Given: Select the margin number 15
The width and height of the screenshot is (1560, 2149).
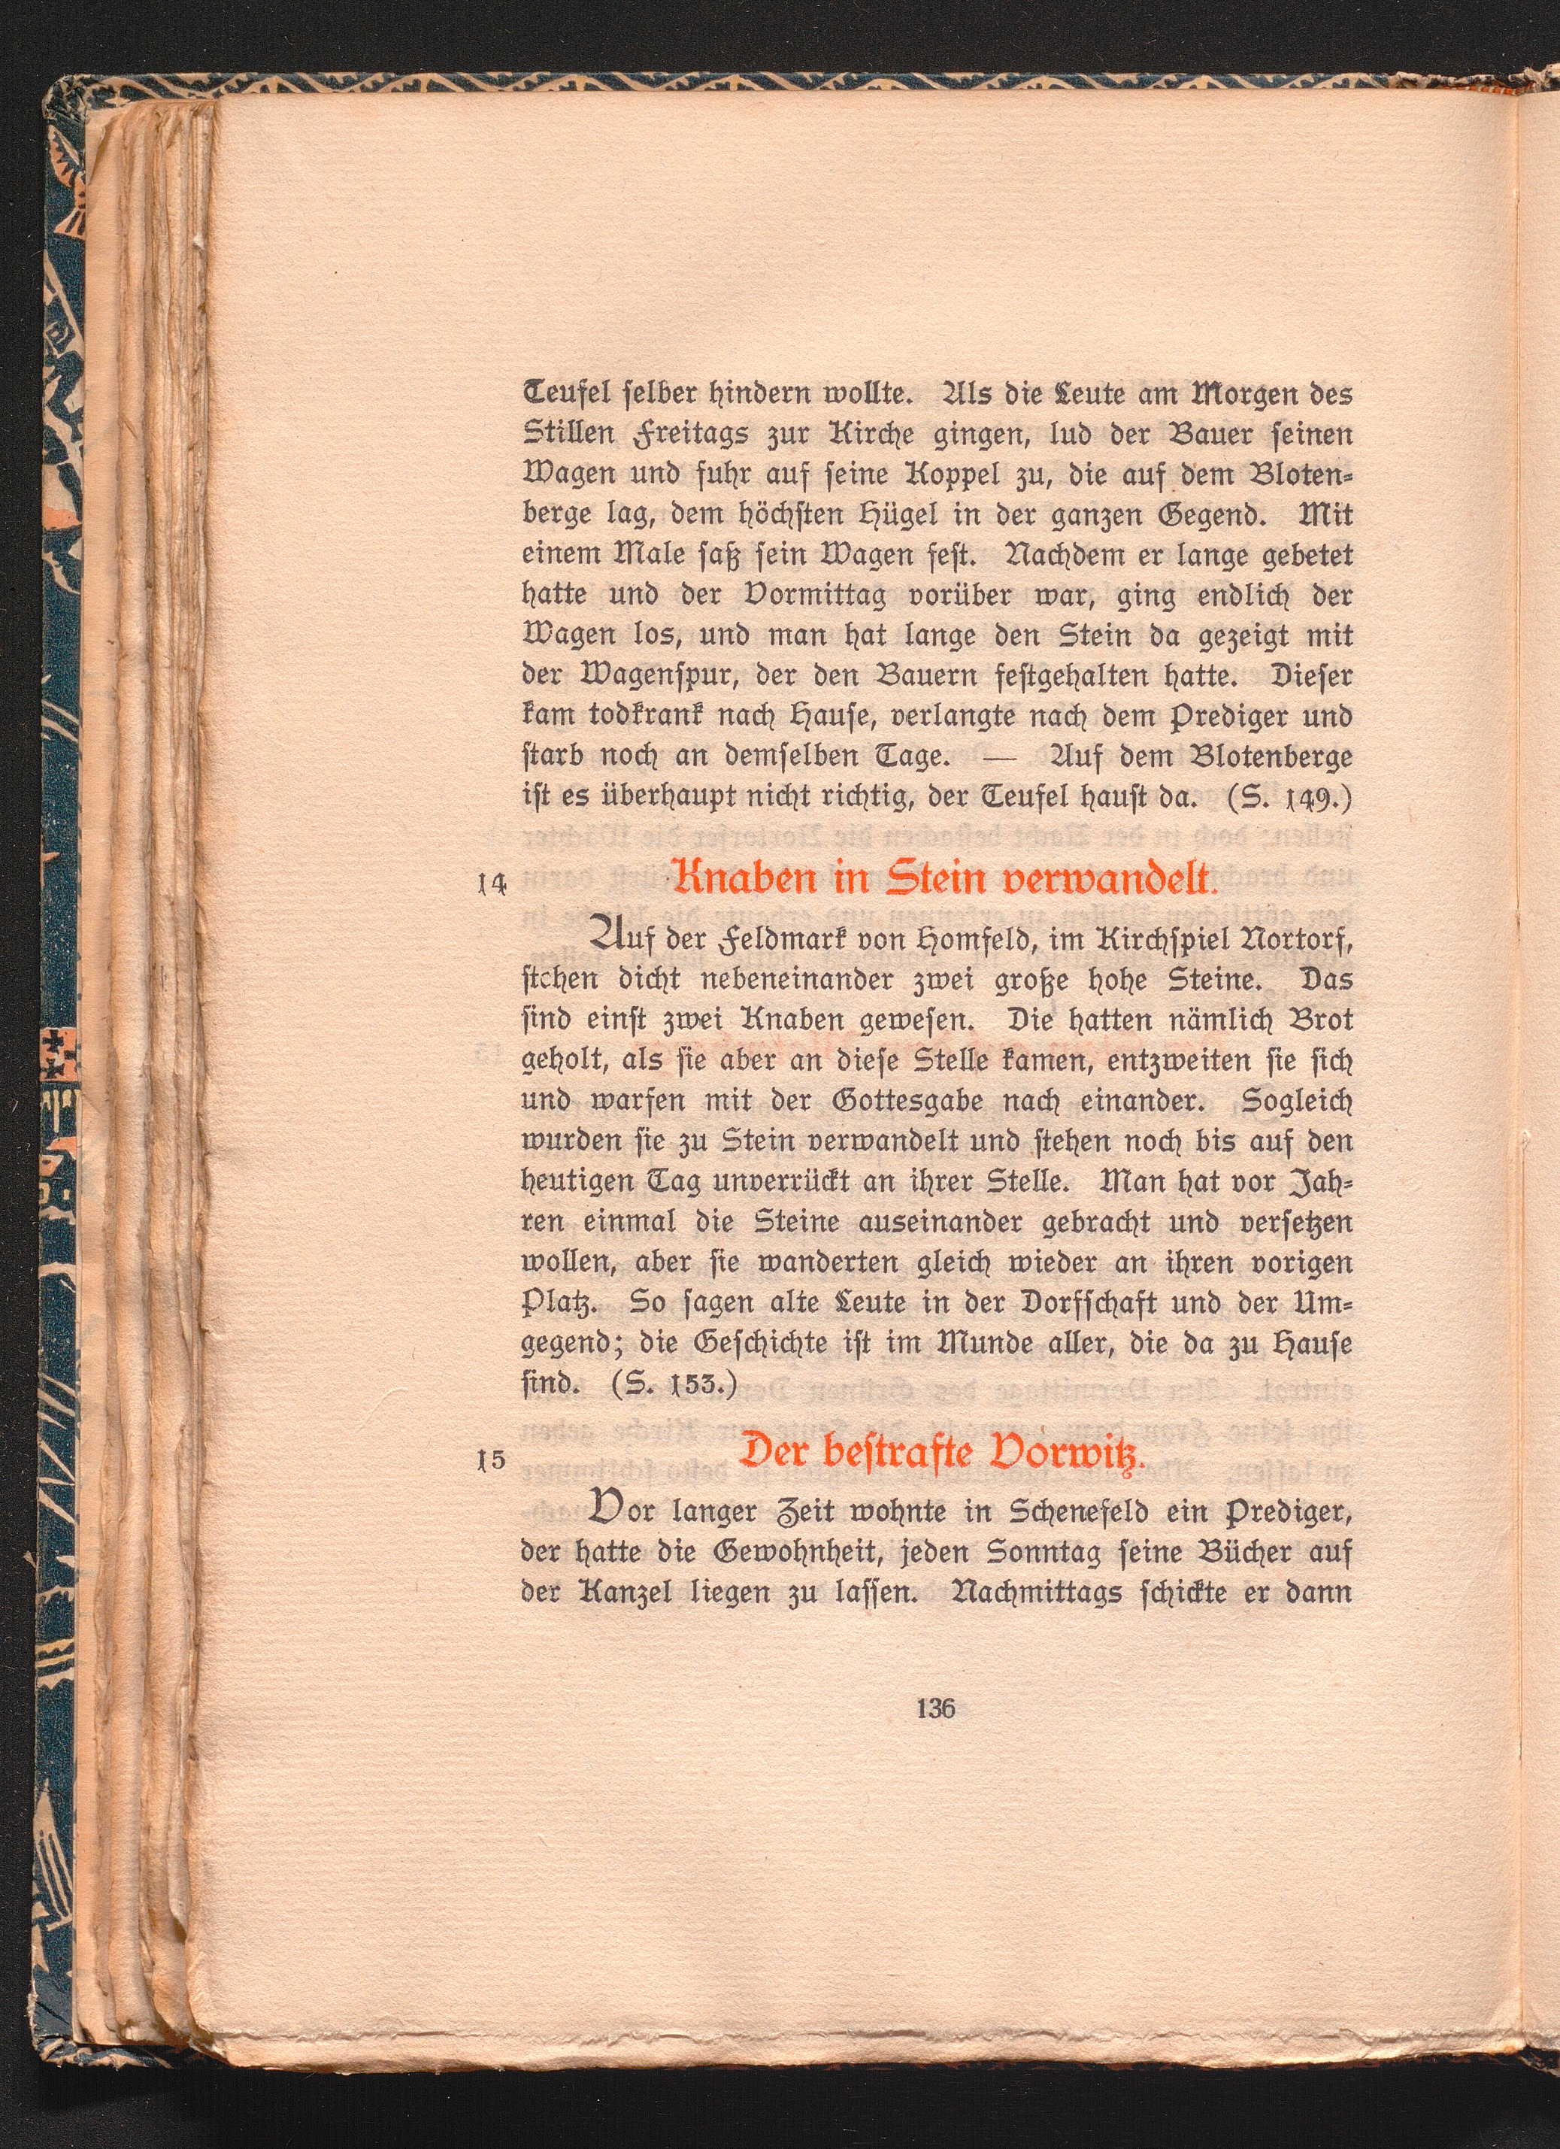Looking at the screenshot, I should click(x=493, y=1487).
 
